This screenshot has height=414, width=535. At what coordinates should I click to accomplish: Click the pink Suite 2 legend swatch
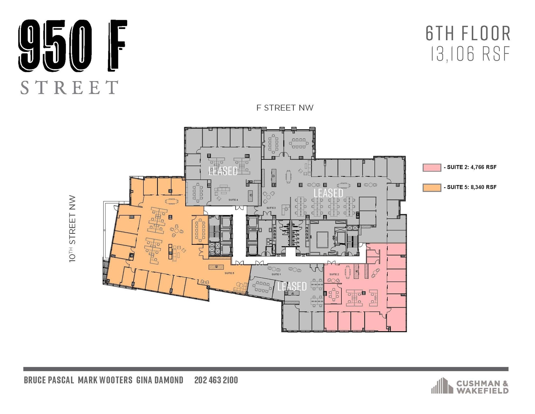point(432,167)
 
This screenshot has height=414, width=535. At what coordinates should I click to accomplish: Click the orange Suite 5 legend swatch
point(432,188)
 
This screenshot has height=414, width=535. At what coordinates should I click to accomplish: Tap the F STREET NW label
point(285,108)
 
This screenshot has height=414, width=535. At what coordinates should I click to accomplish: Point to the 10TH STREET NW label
point(72,229)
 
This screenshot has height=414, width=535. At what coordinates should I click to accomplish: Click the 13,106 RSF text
point(470,54)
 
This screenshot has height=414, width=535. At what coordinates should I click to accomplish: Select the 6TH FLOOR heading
point(468,33)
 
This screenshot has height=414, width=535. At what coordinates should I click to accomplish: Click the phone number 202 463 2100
point(216,380)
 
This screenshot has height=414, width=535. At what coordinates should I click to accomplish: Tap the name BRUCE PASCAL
point(49,380)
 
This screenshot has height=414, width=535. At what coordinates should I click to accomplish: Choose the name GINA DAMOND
point(160,380)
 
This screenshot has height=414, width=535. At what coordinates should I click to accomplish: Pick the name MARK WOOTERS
point(105,380)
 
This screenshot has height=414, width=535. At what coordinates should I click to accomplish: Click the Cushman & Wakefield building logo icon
point(442,385)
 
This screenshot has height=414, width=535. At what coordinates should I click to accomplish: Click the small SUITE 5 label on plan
point(229,273)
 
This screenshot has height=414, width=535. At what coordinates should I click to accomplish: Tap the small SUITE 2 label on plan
point(334,274)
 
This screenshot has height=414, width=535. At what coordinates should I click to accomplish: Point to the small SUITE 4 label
point(233,200)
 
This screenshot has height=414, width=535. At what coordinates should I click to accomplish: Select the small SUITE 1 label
point(276,274)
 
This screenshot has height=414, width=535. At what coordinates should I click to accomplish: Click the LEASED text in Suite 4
point(223,171)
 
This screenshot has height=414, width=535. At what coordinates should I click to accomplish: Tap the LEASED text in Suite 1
point(292,286)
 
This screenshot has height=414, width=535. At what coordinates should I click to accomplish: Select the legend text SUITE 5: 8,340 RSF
point(472,187)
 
